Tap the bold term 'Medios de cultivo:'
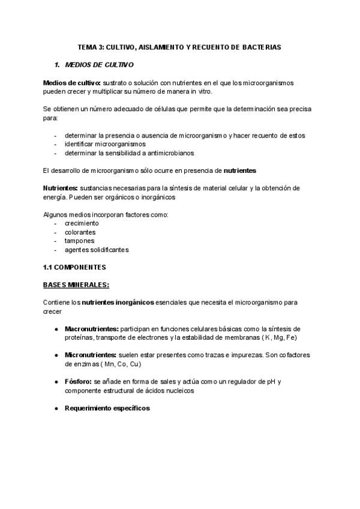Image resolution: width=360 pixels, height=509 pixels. coord(72,82)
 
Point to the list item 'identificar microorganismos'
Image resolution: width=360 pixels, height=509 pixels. coord(105,144)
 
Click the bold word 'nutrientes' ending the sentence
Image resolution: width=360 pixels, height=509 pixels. coord(240,170)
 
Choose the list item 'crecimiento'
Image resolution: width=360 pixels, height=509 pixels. coord(82,223)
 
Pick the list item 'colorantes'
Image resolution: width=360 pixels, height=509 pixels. coord(80,232)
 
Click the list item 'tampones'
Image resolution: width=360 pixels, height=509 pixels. coord(79,241)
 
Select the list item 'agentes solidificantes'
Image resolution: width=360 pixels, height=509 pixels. coord(97,250)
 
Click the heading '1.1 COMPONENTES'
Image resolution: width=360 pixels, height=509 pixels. coord(74,267)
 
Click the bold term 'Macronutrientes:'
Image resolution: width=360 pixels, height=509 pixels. coord(92,329)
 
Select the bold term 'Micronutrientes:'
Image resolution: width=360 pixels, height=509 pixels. coord(91,355)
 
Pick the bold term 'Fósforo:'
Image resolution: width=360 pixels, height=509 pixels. coord(79,382)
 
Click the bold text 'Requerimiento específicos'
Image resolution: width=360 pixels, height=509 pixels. coord(107,408)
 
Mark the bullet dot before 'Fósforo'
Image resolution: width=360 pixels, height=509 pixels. coord(56,382)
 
